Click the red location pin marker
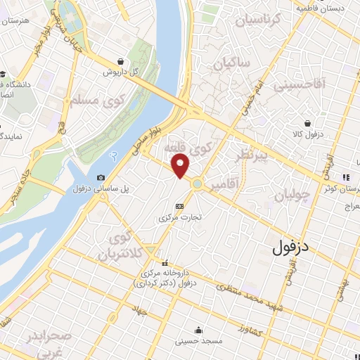point(181,167)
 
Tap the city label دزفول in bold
point(291,248)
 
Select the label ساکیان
point(233,65)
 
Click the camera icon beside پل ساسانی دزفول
point(101,178)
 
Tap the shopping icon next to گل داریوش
point(123,61)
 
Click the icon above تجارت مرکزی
point(179,206)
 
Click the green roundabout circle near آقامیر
point(198,185)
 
